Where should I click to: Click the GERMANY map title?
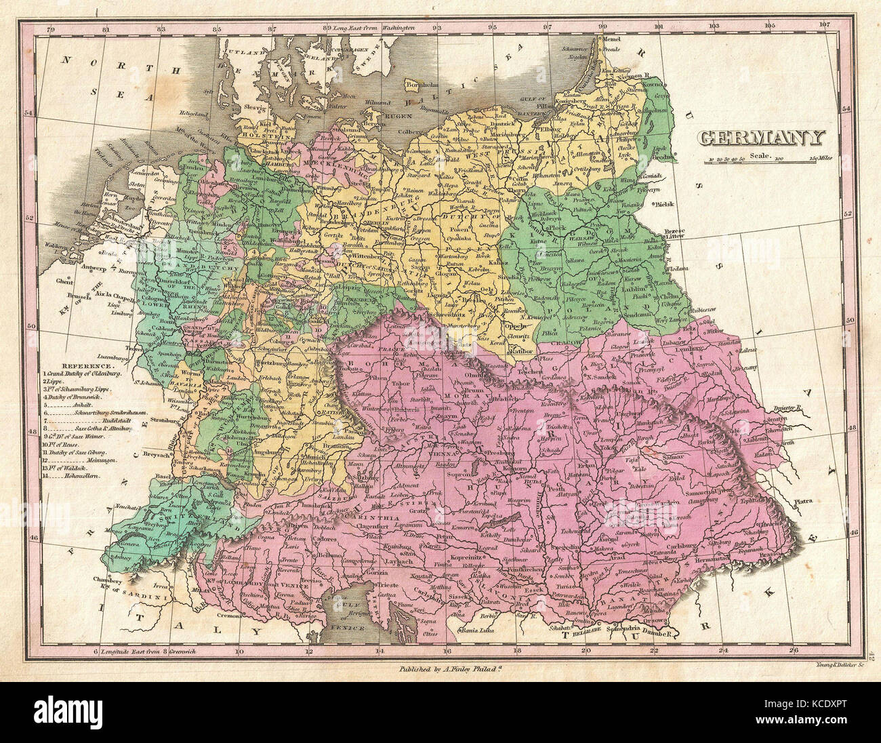click(x=762, y=138)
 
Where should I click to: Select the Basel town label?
click(x=163, y=476)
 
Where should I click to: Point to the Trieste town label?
click(x=388, y=584)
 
